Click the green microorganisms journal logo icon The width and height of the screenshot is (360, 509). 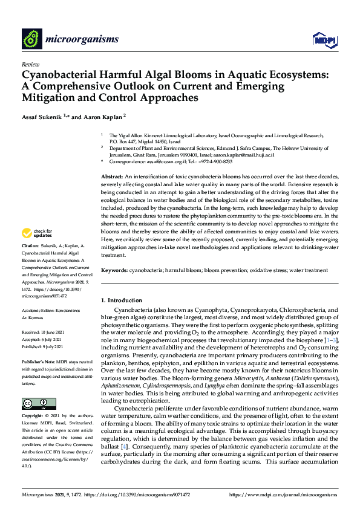tap(31, 39)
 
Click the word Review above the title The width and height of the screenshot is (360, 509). tap(30, 63)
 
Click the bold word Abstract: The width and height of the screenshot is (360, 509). tap(112, 175)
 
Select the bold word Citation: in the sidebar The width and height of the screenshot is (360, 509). tap(30, 247)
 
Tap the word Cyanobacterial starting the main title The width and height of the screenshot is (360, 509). tap(61, 75)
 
